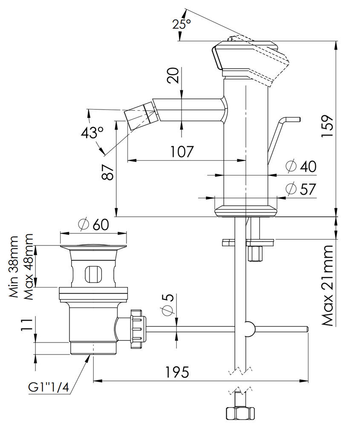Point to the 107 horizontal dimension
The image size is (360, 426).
click(182, 151)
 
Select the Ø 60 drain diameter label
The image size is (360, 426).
click(94, 224)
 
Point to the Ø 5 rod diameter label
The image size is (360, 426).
click(167, 304)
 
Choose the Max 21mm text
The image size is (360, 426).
click(327, 285)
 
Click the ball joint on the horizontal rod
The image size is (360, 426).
click(246, 329)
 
